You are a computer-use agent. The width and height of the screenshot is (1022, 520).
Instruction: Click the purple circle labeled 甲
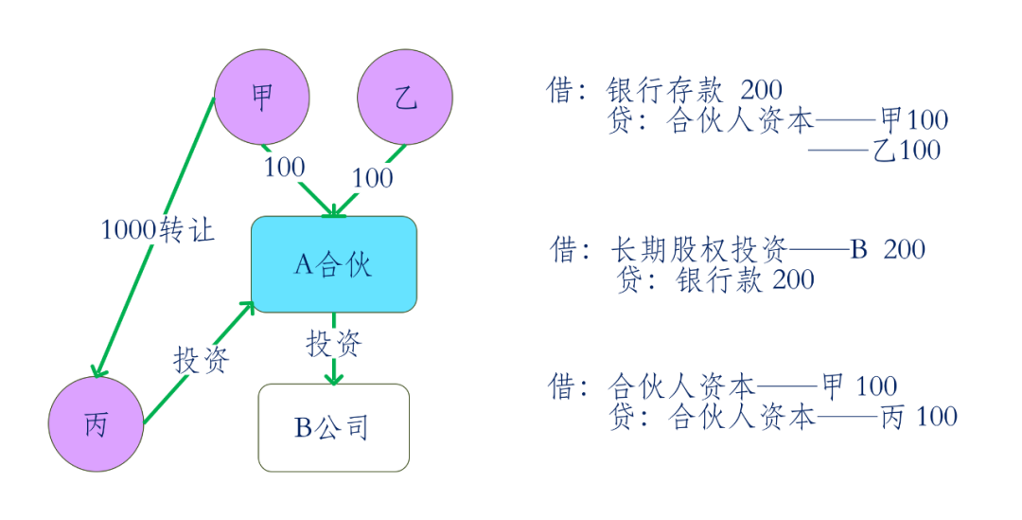tap(262, 98)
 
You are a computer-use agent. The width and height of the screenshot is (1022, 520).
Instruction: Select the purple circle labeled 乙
tap(405, 98)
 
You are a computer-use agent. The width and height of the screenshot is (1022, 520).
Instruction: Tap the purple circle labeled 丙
tap(96, 424)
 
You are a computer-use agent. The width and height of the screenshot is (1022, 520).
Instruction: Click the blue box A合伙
tap(333, 263)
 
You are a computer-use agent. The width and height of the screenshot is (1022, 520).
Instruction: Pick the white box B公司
tap(333, 427)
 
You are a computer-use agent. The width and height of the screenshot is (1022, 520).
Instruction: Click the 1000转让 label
tap(159, 229)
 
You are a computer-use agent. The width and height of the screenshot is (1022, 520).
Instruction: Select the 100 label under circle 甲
tap(284, 168)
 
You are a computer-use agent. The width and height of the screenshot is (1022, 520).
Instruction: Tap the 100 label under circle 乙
tap(372, 177)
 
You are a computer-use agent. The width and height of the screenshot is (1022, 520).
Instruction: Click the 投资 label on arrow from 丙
tap(201, 359)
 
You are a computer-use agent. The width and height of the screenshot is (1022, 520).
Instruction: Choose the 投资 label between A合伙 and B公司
tap(334, 342)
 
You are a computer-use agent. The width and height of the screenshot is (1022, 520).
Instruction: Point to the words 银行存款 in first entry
tap(664, 91)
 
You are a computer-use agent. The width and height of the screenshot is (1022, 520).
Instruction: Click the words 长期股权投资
tap(696, 250)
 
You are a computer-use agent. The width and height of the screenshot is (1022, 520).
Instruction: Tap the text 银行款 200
tap(745, 280)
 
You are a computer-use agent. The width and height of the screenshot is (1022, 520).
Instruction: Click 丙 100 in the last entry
tap(918, 417)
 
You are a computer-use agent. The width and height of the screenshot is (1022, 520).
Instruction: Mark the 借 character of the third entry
tap(561, 386)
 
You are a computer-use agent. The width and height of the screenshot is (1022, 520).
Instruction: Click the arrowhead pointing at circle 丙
tap(97, 369)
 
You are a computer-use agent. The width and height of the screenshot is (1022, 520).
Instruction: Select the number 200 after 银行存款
tap(761, 91)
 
